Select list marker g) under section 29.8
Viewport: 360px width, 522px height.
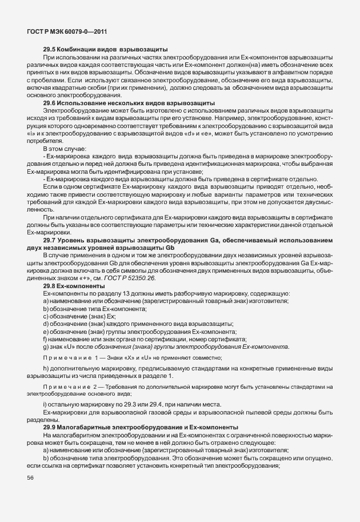[x=46, y=346]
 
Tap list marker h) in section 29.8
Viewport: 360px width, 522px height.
[x=46, y=369]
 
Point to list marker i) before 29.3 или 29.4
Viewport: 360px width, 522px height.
[x=45, y=405]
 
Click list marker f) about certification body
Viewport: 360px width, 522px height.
[x=45, y=339]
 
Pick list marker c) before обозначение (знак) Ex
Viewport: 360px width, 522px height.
[x=46, y=316]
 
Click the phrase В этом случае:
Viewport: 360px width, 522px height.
[x=61, y=148]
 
